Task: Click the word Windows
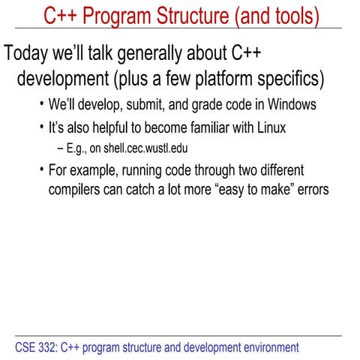(x=289, y=105)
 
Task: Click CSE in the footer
(x=25, y=347)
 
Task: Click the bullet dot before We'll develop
(x=40, y=104)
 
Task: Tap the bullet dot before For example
(x=40, y=169)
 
